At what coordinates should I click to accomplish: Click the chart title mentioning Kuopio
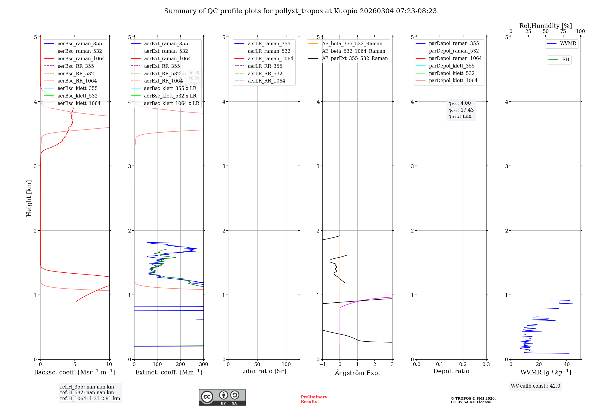tap(300, 11)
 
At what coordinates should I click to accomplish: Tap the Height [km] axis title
tap(29, 198)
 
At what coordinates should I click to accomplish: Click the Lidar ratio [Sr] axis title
tap(263, 371)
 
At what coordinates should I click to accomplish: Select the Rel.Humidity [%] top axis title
tap(545, 26)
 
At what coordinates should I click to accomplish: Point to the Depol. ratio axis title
tap(451, 371)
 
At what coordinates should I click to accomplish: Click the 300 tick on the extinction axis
tap(203, 364)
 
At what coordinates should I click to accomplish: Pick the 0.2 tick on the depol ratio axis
tap(463, 364)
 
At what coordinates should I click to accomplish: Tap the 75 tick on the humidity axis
tap(563, 31)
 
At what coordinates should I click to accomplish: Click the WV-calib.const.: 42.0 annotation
tap(535, 386)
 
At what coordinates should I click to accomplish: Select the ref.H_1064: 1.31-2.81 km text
tap(90, 398)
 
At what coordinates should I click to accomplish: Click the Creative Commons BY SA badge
tap(222, 397)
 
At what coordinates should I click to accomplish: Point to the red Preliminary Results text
tap(314, 399)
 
